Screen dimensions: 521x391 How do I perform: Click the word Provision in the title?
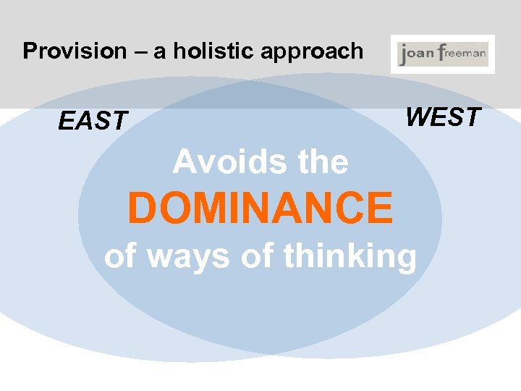point(64,51)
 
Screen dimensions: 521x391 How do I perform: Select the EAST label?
point(93,122)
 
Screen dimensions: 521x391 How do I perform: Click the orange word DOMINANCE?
point(260,207)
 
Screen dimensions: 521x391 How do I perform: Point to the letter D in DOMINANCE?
point(142,207)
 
